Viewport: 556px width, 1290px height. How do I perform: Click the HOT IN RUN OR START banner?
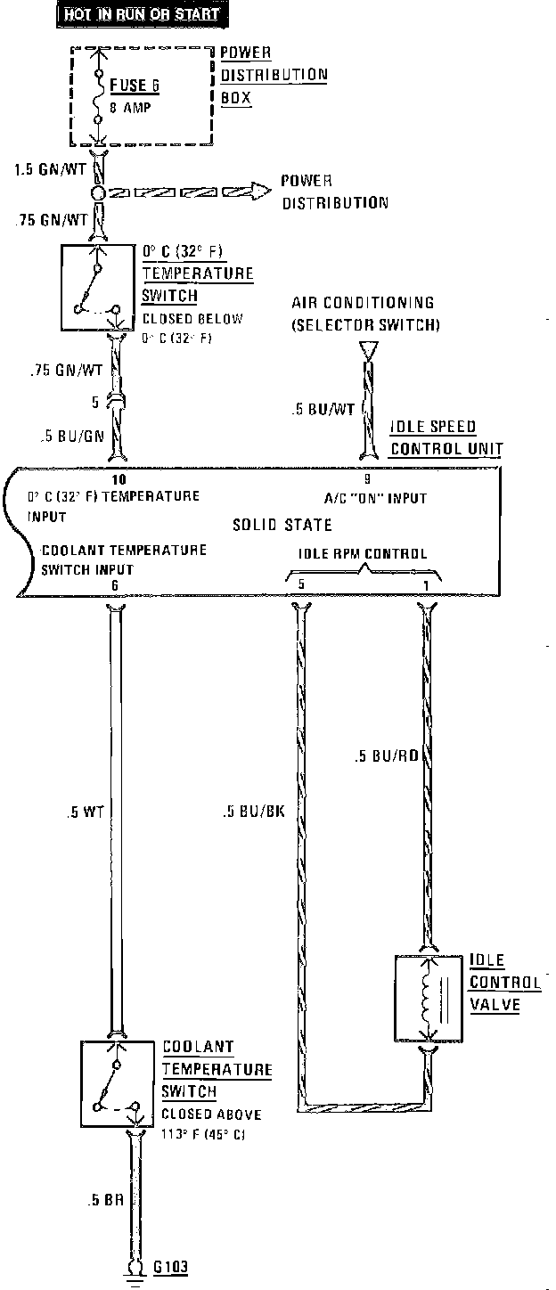(x=142, y=14)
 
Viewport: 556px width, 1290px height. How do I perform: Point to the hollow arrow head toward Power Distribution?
(x=258, y=192)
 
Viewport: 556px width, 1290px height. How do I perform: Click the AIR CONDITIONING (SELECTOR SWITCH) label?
(x=365, y=314)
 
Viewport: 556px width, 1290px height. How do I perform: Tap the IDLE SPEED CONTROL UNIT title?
(x=446, y=437)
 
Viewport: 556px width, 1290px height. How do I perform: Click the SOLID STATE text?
(x=282, y=526)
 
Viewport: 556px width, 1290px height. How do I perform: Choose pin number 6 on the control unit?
(x=115, y=585)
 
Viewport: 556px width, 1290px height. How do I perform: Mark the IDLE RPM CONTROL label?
(x=362, y=553)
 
